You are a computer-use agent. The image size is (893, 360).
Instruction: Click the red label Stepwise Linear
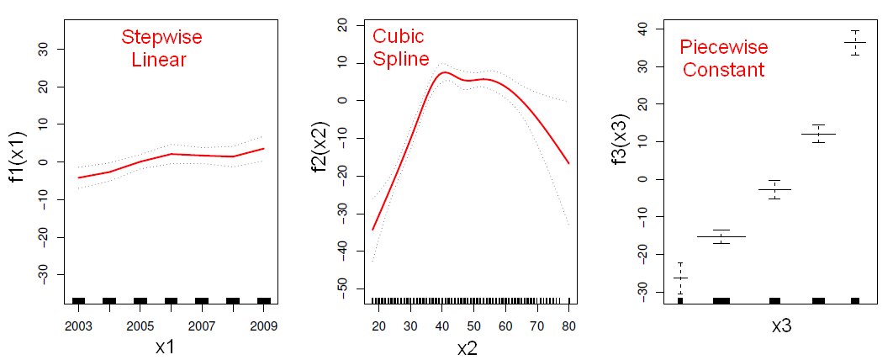(x=161, y=49)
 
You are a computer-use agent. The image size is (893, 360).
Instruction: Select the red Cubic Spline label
(x=400, y=48)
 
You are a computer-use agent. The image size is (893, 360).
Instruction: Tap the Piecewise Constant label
(x=723, y=58)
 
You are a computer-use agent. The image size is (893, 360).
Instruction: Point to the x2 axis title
(x=467, y=347)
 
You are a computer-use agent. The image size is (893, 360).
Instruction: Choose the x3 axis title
(x=782, y=327)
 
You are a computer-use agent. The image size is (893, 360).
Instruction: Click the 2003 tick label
(x=78, y=326)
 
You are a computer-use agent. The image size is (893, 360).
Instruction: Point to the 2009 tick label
(x=263, y=326)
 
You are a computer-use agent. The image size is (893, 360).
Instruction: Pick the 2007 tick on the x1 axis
(x=202, y=326)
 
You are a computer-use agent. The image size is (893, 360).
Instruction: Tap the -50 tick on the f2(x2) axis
(x=343, y=288)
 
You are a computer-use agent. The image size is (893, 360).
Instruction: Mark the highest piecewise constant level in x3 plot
(x=854, y=42)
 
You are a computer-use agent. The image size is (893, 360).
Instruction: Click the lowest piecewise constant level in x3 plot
(x=680, y=278)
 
